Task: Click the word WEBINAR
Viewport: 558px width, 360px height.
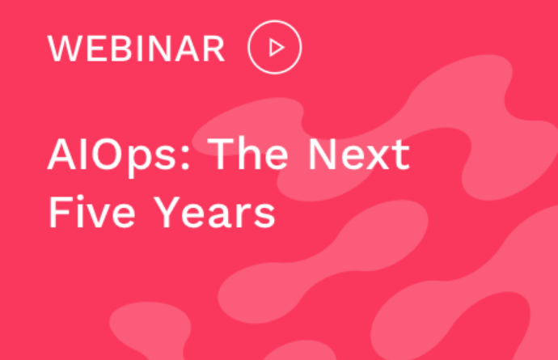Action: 137,49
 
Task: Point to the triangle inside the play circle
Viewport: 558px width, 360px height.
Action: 277,48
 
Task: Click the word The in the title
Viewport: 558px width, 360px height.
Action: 247,153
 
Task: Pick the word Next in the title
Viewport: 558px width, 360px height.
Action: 359,154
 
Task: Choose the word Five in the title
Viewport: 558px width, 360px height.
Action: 92,211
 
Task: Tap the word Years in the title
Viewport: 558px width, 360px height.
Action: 214,212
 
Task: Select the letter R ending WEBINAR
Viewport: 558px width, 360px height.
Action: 214,49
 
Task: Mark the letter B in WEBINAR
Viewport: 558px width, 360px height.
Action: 121,49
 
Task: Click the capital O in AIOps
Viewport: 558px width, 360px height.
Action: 108,155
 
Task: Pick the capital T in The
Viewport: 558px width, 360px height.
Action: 221,154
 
